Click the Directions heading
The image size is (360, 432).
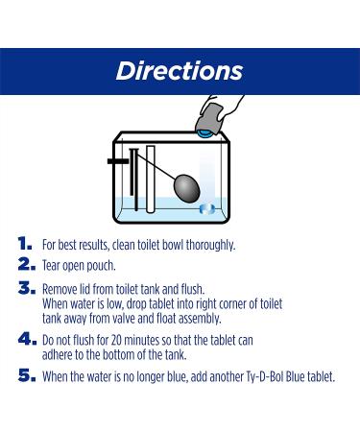pyautogui.click(x=180, y=71)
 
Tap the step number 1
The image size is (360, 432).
pyautogui.click(x=25, y=244)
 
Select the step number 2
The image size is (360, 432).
pyautogui.click(x=27, y=264)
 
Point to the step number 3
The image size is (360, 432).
pyautogui.click(x=27, y=288)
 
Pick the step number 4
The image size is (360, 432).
pyautogui.click(x=27, y=339)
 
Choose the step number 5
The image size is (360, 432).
pyautogui.click(x=27, y=375)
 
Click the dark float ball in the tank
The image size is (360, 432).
pyautogui.click(x=186, y=188)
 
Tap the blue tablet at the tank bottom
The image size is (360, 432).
pyautogui.click(x=207, y=209)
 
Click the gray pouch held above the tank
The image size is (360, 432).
pyautogui.click(x=209, y=117)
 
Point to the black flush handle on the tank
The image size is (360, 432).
pyautogui.click(x=118, y=161)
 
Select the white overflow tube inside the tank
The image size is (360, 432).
pyautogui.click(x=151, y=179)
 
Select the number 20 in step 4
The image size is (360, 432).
pyautogui.click(x=116, y=340)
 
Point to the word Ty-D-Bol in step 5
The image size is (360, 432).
pyautogui.click(x=265, y=376)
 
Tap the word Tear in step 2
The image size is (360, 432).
pyautogui.click(x=51, y=266)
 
